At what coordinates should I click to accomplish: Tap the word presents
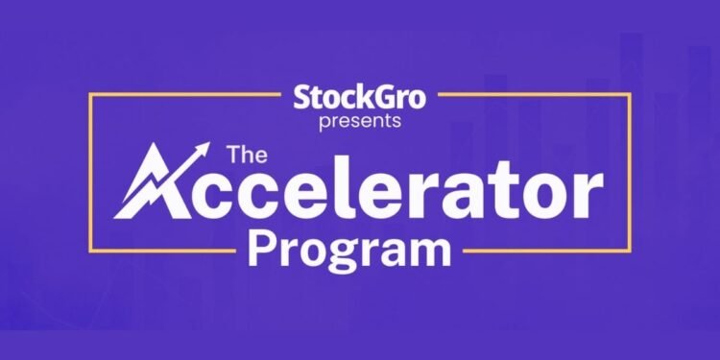coord(360,122)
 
